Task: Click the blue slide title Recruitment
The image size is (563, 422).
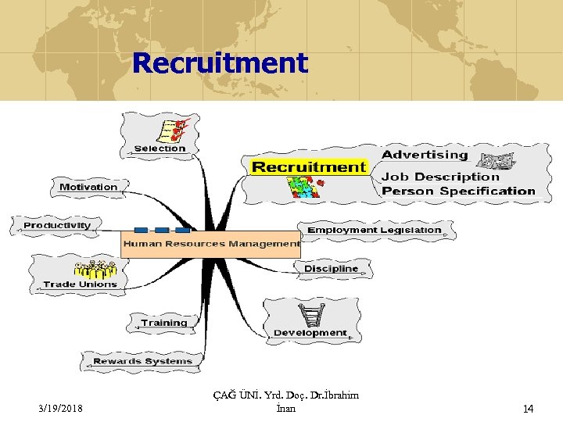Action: coord(221,63)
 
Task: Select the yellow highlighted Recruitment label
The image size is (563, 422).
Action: coord(309,167)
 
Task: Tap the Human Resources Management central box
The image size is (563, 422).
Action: coord(210,244)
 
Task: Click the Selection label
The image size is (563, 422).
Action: coord(160,148)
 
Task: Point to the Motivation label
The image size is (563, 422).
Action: coord(88,187)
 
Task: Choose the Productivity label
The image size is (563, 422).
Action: coord(57,226)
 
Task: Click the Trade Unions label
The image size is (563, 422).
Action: coord(80,284)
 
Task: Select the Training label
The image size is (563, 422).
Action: coord(164,323)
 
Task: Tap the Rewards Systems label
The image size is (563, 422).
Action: coord(142,361)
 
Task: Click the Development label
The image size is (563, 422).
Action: coord(310,333)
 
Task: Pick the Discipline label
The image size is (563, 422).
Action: coord(331,269)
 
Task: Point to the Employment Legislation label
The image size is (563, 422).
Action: coord(375,231)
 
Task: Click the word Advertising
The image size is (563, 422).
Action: coord(425,155)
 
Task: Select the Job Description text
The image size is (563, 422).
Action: coord(440,177)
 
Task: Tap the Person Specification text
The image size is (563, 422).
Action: coord(458,191)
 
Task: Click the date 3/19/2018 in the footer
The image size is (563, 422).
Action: coord(60,408)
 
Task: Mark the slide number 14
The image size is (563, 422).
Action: coord(528,408)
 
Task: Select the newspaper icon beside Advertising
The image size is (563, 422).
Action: coord(496,161)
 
